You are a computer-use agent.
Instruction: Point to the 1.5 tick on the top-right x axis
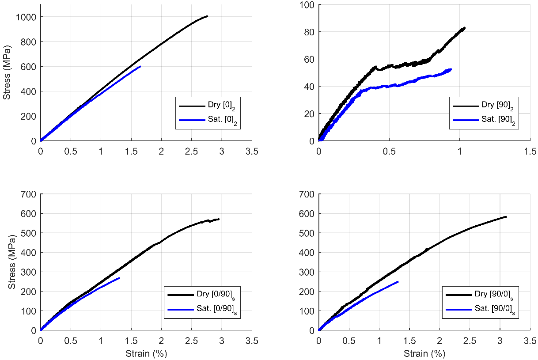pyautogui.click(x=530, y=151)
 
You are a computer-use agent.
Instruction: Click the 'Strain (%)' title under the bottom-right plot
pyautogui.click(x=424, y=353)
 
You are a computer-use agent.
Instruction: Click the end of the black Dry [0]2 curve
pyautogui.click(x=207, y=16)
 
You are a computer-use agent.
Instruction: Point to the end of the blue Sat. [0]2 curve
pyautogui.click(x=140, y=66)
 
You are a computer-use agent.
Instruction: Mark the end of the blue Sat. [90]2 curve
pyautogui.click(x=451, y=69)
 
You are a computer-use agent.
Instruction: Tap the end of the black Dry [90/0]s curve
pyautogui.click(x=506, y=216)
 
